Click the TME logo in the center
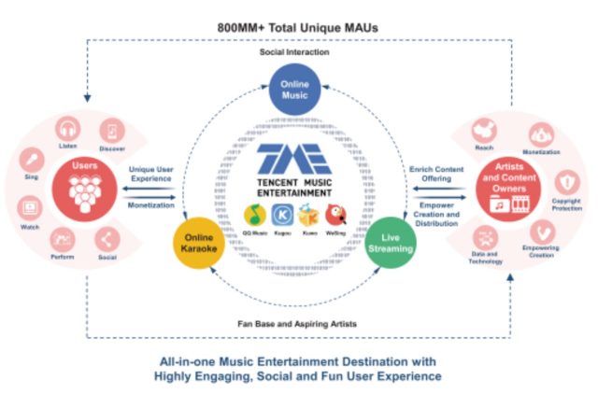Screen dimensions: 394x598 294,156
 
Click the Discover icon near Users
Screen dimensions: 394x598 113,130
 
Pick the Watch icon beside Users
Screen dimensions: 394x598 29,206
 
